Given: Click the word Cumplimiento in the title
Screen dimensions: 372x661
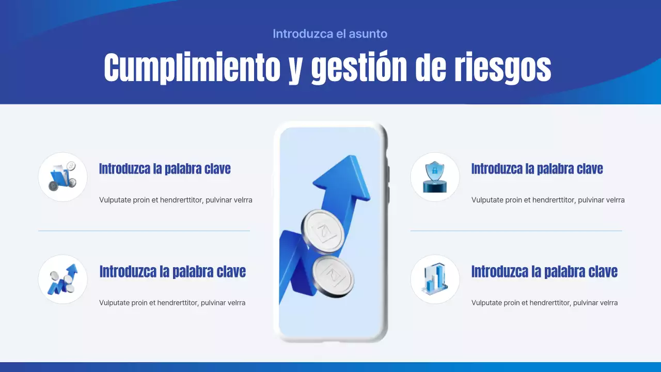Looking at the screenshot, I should (192, 68).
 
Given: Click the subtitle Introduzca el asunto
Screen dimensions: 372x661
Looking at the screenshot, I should (330, 34).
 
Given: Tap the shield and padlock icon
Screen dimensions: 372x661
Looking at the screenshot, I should (434, 177).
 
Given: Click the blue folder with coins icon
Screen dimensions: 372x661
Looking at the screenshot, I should (62, 177).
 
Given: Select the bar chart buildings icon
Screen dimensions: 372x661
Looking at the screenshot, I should (434, 280).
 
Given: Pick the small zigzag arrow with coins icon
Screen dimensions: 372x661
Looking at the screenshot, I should (62, 280).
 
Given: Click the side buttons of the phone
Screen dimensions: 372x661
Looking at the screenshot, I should (388, 173).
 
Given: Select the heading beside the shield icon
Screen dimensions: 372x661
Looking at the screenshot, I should (537, 169).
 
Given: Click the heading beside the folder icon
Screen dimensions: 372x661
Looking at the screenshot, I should (165, 169).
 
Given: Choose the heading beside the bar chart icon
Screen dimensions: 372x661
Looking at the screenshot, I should (544, 272).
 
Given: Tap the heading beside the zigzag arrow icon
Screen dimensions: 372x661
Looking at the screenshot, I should (172, 272).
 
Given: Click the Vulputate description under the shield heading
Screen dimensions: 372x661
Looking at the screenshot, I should (548, 200).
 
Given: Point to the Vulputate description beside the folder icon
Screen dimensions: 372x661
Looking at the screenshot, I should (176, 200).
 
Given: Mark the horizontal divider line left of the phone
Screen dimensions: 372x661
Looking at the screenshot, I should (144, 230).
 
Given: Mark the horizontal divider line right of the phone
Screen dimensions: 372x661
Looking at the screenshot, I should (516, 230).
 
